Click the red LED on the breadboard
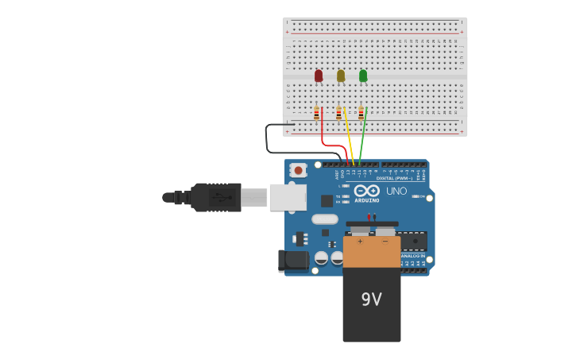click(x=319, y=75)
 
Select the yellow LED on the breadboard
click(x=341, y=75)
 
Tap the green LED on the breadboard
click(x=363, y=75)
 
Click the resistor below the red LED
click(x=316, y=114)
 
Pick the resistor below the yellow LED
click(x=338, y=114)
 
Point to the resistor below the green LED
click(x=361, y=114)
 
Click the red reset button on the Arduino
click(x=298, y=169)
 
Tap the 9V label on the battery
click(x=372, y=300)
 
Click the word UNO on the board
click(x=396, y=191)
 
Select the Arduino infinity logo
click(x=366, y=191)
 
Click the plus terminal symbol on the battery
click(x=360, y=241)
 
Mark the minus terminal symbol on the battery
click(x=385, y=241)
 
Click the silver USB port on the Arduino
click(x=287, y=197)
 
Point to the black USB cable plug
click(x=215, y=197)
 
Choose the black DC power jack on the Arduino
click(x=293, y=260)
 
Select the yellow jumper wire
click(x=349, y=135)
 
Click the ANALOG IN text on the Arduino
click(x=412, y=255)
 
